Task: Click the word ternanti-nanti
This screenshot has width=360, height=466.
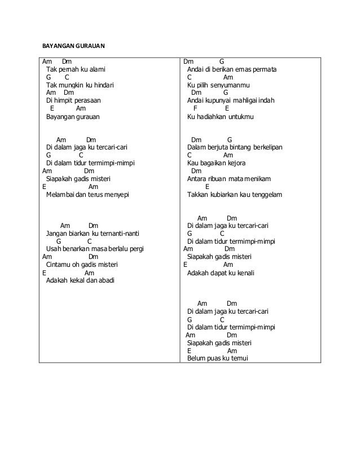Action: [x=120, y=234]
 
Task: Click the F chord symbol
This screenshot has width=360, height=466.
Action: [x=195, y=109]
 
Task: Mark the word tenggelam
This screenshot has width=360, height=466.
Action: [x=264, y=195]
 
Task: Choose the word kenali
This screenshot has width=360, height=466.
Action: [x=243, y=272]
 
